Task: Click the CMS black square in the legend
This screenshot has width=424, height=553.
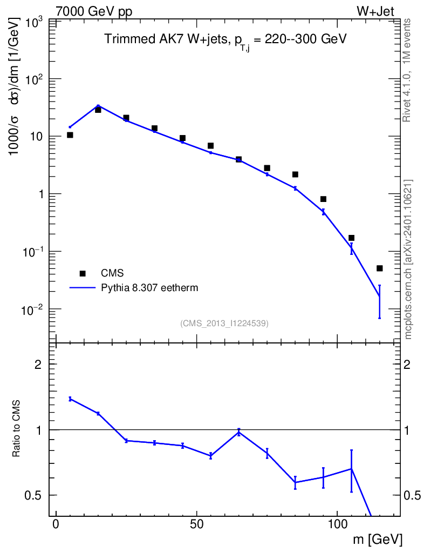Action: (x=83, y=273)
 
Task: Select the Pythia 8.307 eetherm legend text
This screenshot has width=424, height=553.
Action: (x=149, y=288)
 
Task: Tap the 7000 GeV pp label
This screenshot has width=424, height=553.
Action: (x=94, y=11)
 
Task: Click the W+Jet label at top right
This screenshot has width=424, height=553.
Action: (x=375, y=11)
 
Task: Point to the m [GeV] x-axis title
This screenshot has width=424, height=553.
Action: (x=378, y=539)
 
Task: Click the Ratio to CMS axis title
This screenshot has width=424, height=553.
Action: (x=16, y=428)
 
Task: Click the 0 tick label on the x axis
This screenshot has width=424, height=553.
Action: (x=56, y=524)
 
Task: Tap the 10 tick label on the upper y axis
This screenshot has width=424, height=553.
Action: (x=35, y=137)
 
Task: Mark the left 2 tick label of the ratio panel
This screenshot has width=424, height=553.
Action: (x=38, y=365)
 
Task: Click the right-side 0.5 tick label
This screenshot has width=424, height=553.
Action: (x=412, y=496)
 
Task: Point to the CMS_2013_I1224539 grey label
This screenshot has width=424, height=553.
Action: (x=224, y=323)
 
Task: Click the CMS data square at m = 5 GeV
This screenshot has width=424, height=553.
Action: (x=70, y=135)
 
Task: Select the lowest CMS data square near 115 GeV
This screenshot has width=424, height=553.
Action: (x=379, y=268)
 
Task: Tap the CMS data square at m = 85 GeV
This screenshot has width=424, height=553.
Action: (x=295, y=174)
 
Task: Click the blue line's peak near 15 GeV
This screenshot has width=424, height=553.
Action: (x=98, y=105)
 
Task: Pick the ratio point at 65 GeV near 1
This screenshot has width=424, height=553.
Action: (x=239, y=432)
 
